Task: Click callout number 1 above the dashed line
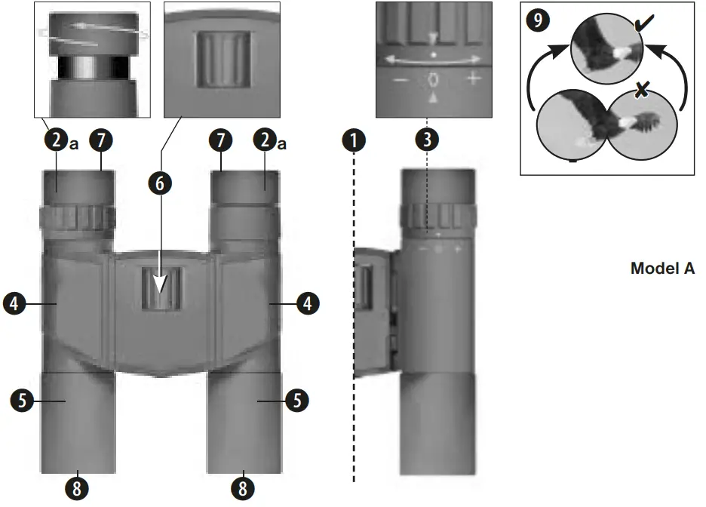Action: coord(353,140)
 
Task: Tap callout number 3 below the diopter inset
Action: coord(427,140)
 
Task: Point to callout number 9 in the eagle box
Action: coord(537,20)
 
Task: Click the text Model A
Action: coord(661,269)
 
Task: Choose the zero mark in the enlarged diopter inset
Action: coord(433,79)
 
